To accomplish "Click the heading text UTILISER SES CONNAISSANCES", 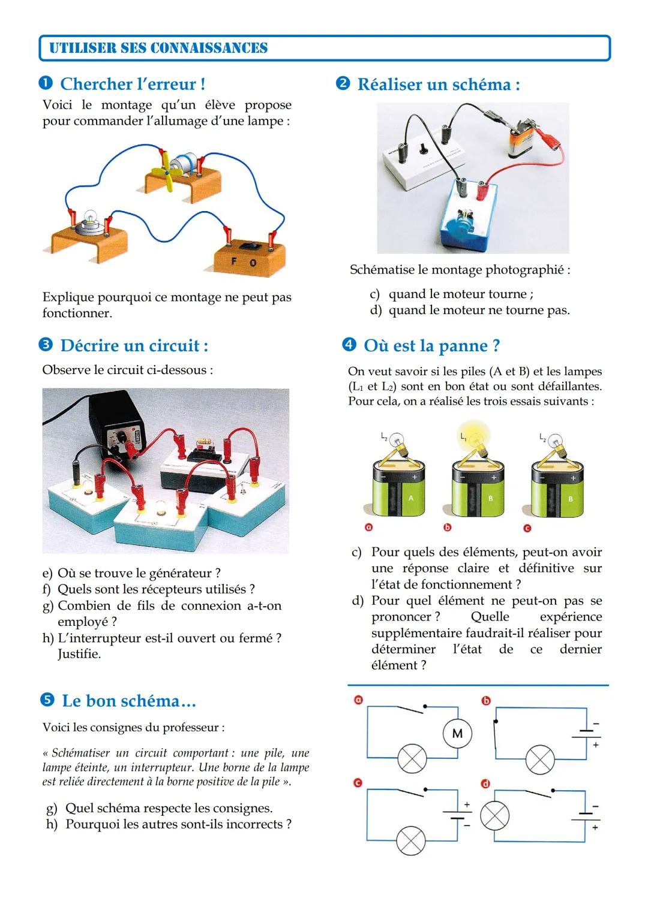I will coord(158,48).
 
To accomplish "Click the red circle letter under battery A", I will coord(369,528).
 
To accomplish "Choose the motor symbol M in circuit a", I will coord(457,733).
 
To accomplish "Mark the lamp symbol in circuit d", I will coord(494,816).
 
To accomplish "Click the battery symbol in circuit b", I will coord(586,734).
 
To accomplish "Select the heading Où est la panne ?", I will coord(431,346).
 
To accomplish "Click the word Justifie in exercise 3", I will coord(79,654).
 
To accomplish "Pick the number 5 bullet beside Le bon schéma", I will coord(47,701).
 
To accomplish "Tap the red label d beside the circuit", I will coord(486,784).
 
